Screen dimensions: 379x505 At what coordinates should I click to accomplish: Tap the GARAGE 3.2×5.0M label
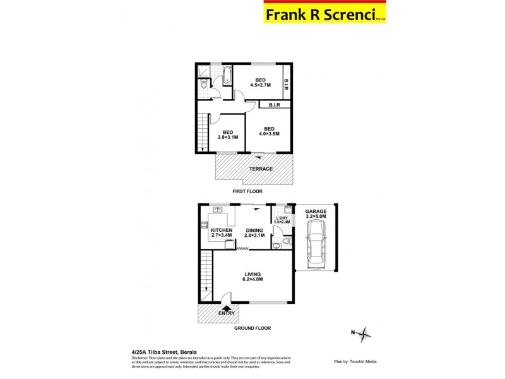tap(316, 214)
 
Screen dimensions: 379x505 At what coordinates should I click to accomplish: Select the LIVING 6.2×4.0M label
tap(254, 277)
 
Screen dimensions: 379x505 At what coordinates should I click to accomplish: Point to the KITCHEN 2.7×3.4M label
tap(221, 232)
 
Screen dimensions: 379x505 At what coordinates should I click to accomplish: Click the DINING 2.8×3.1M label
tap(254, 232)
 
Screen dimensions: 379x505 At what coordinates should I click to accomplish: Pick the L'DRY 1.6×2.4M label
tap(282, 220)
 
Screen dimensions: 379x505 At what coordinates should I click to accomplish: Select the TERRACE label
tap(260, 169)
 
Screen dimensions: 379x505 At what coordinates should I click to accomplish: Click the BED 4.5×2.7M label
tap(260, 82)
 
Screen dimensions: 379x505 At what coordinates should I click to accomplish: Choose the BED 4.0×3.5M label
tap(268, 131)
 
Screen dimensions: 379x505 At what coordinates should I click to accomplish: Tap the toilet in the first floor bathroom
tap(201, 84)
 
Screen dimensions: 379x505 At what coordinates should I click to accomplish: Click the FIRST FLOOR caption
tap(247, 191)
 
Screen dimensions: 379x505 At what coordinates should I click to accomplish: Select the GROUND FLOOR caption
tap(253, 328)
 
